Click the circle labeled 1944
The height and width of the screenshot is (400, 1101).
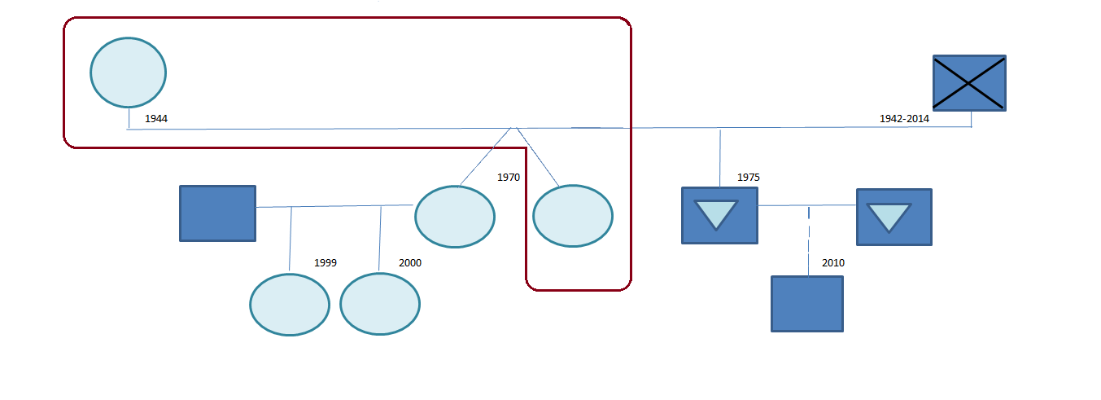click(128, 73)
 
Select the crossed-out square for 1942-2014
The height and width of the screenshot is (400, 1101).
click(968, 83)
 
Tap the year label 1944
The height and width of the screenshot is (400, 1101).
click(156, 119)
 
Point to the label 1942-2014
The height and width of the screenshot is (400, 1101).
click(904, 119)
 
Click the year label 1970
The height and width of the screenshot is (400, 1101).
click(508, 177)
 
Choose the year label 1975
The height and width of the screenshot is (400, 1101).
click(748, 177)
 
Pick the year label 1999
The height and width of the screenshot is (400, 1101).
click(325, 263)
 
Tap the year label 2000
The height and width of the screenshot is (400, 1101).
click(410, 263)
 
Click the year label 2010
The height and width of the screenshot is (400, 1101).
click(833, 263)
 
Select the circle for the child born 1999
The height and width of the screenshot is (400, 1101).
click(289, 305)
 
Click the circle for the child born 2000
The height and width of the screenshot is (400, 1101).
click(379, 305)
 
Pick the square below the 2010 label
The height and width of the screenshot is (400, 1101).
click(806, 304)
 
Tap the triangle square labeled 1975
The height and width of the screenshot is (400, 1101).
click(719, 215)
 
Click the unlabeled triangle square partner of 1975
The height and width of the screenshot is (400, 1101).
click(893, 217)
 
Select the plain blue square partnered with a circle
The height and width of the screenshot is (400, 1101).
click(217, 213)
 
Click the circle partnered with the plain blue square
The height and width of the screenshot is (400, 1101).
click(454, 217)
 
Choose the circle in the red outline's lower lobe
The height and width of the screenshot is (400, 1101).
click(572, 216)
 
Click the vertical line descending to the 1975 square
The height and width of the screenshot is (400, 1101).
click(719, 157)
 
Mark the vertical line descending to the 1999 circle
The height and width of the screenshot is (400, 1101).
click(291, 240)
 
